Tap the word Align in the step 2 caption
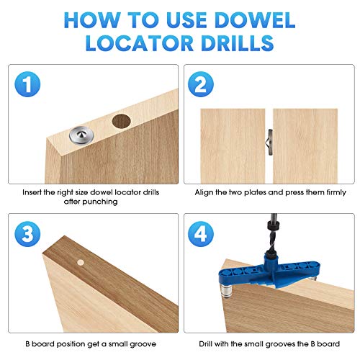[206, 193]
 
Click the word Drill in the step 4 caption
[205, 341]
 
